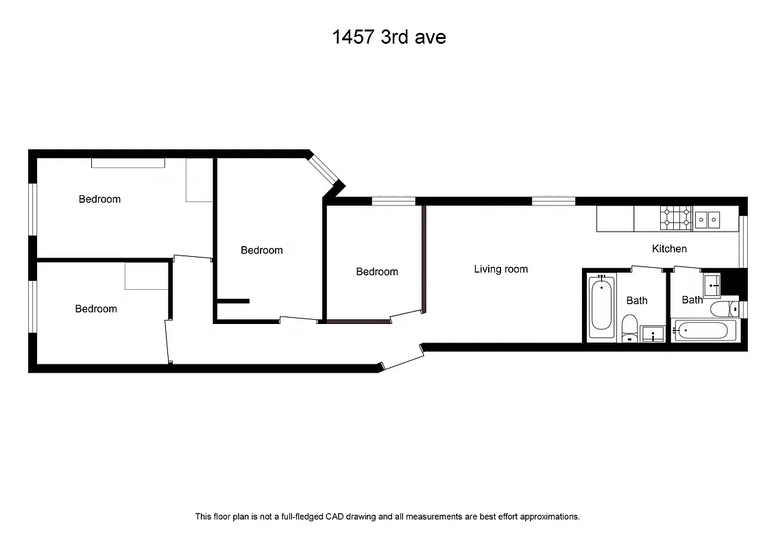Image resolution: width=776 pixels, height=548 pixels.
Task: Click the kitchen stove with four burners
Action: [x=676, y=219]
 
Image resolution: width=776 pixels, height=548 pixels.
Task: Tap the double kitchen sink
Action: [x=707, y=219]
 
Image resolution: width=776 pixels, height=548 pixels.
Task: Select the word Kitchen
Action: [x=669, y=249]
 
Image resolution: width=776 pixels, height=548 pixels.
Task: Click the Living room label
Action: [x=501, y=269]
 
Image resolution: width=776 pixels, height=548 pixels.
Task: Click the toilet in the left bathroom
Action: [x=629, y=327]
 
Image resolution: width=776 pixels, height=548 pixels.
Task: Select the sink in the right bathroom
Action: [x=712, y=282]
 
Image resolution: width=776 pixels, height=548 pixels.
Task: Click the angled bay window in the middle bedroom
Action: [x=325, y=169]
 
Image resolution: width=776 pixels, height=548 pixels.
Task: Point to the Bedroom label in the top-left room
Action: [x=99, y=199]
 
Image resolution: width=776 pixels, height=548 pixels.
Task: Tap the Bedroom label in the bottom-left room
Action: [x=96, y=309]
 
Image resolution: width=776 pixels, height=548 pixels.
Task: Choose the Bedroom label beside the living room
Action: [x=377, y=272]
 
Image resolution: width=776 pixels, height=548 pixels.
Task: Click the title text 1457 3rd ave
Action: [x=389, y=37]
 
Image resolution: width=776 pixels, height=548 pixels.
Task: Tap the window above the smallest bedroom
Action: [x=393, y=201]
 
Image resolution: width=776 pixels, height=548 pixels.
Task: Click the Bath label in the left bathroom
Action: [x=637, y=301]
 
